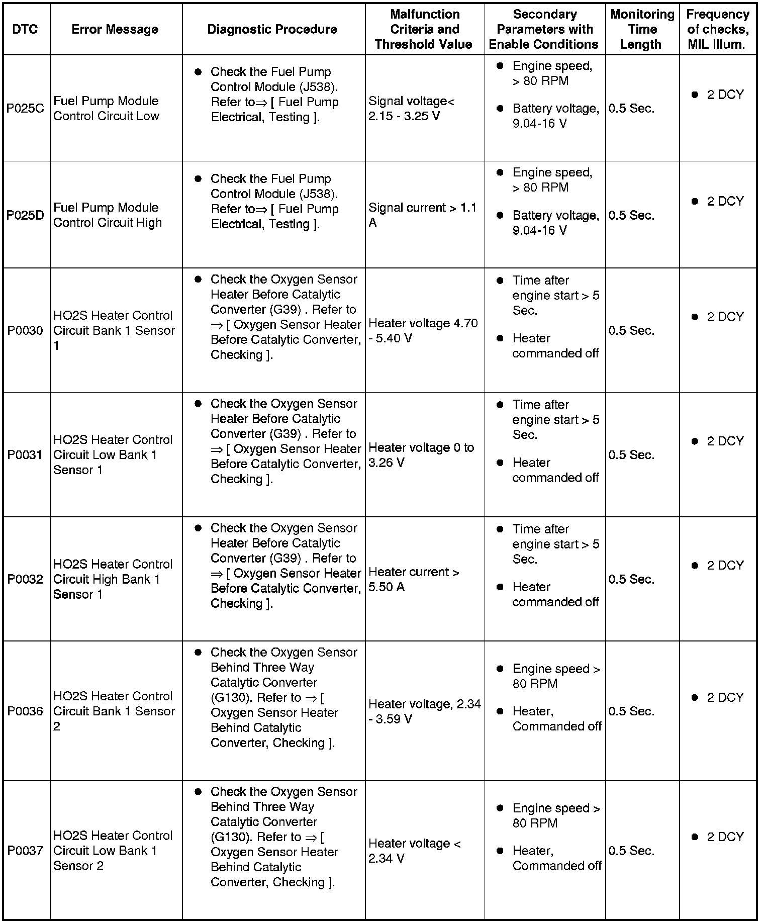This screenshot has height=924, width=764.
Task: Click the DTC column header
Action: pos(25,29)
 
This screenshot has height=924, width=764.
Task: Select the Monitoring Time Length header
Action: pos(642,29)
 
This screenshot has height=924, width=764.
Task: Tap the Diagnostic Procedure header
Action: pos(272,29)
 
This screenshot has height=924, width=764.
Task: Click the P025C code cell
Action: pos(25,109)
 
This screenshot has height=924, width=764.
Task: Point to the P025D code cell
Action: pos(25,215)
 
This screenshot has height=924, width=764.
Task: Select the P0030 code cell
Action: pos(25,330)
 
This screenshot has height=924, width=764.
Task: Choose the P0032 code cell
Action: pos(25,579)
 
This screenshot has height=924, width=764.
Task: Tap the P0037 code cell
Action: pos(25,851)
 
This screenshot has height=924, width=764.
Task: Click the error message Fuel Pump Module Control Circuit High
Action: pos(108,215)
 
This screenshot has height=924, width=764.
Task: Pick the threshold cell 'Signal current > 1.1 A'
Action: pos(422,215)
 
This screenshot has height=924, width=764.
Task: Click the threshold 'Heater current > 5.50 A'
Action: pos(414,579)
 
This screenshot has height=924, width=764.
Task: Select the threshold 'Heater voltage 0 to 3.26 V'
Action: pos(421,455)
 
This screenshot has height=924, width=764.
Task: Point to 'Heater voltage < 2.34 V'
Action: pos(414,851)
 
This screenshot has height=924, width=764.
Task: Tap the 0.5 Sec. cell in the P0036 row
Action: pos(631,711)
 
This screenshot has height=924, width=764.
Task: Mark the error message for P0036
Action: pos(114,711)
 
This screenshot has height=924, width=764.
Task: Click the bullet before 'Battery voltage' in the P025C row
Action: pos(500,109)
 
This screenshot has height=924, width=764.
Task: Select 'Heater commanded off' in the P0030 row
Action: pos(555,346)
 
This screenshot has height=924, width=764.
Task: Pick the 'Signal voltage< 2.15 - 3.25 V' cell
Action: pos(411,109)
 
